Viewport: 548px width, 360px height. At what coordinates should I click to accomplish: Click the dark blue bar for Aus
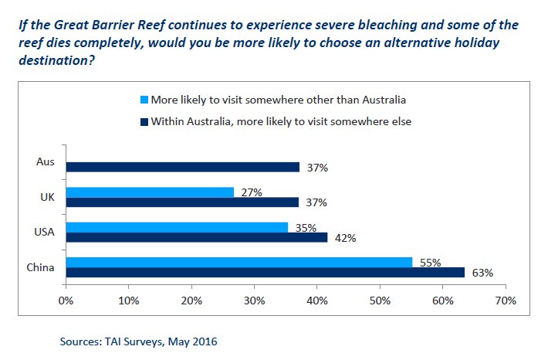tap(182, 167)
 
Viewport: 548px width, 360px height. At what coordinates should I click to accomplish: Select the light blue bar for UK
tap(150, 192)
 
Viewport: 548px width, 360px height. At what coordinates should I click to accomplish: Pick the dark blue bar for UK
tap(182, 202)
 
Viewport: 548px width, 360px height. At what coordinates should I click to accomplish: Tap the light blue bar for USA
tap(177, 227)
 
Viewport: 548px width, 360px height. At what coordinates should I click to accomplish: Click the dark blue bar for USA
tap(197, 238)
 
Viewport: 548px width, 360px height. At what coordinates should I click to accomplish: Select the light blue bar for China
tap(239, 263)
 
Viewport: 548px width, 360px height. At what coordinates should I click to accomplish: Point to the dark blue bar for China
tap(264, 273)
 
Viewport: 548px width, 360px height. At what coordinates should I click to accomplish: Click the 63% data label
tap(482, 273)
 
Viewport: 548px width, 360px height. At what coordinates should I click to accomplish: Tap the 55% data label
tap(430, 263)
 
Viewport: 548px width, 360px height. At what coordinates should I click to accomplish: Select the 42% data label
tap(345, 238)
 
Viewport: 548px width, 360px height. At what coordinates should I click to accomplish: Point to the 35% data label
tap(306, 228)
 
